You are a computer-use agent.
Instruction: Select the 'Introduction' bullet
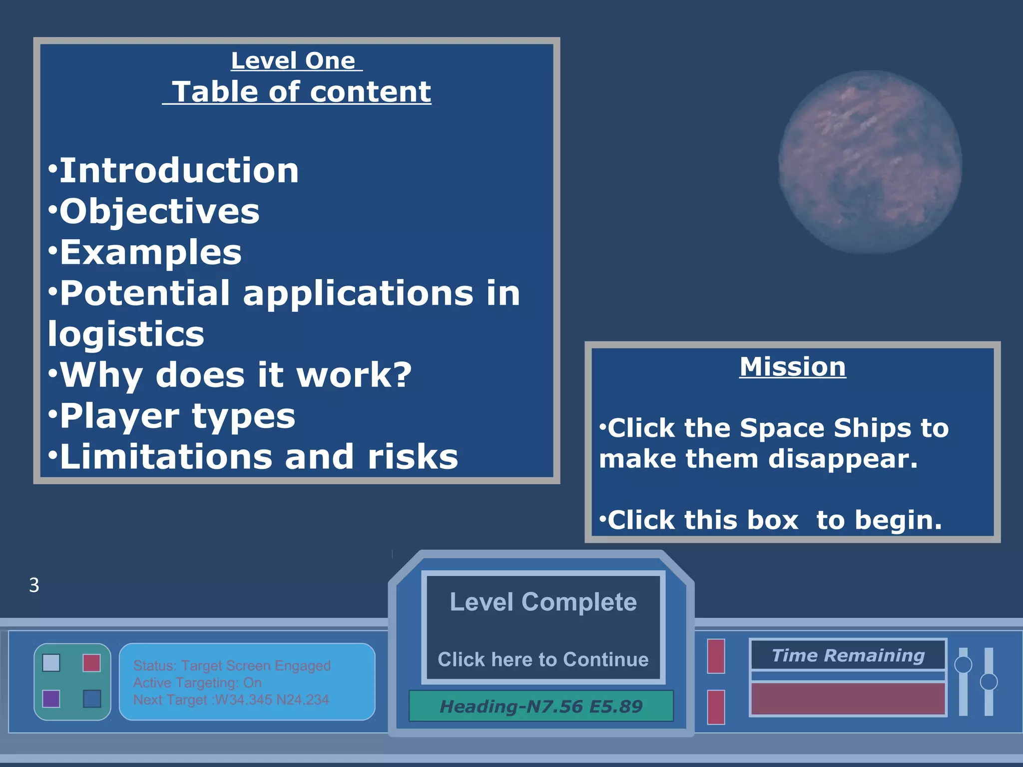[178, 171]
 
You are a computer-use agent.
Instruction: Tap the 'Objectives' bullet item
[159, 211]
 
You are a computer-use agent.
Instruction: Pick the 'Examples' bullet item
[150, 252]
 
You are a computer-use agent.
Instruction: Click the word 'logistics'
[126, 334]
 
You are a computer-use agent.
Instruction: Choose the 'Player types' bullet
[177, 416]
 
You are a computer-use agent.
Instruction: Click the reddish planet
[870, 162]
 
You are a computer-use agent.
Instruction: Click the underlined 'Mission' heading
[793, 367]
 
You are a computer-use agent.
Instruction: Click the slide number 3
[34, 585]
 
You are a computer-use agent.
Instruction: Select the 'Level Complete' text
[543, 602]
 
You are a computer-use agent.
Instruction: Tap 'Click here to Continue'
[543, 660]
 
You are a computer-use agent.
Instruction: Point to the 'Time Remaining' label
[848, 655]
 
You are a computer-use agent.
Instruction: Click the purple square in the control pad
[51, 699]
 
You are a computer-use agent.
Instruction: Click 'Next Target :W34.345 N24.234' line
[231, 700]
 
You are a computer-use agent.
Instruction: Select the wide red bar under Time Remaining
[848, 699]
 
